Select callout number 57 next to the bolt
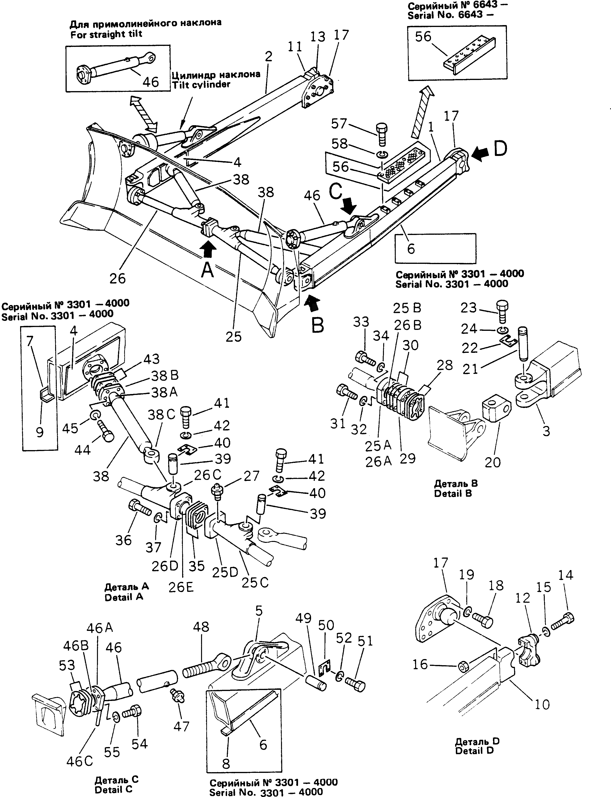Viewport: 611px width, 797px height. pos(339,124)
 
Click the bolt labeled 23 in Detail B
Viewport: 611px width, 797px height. pos(503,311)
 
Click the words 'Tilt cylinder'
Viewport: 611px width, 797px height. pos(201,84)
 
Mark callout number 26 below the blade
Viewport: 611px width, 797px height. pos(118,278)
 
